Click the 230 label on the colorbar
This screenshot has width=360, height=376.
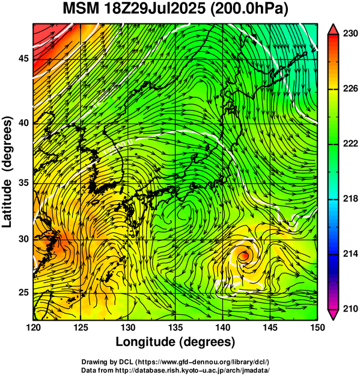[x=350, y=34]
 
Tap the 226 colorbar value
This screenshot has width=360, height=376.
[x=350, y=88]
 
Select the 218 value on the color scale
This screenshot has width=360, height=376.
[x=350, y=199]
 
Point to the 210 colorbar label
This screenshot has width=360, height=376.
[x=350, y=309]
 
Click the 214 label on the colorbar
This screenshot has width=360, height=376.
[x=350, y=254]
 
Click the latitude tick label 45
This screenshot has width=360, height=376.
[x=23, y=58]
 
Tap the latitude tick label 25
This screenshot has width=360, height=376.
[x=23, y=292]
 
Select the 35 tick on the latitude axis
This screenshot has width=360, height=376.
[x=23, y=183]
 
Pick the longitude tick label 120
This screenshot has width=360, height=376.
[x=33, y=327]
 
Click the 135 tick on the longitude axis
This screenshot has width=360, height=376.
[x=175, y=327]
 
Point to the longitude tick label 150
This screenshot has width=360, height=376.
[x=317, y=327]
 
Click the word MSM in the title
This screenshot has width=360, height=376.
[x=81, y=9]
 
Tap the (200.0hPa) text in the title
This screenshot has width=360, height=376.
[x=249, y=10]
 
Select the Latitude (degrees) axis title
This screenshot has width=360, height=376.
[x=7, y=172]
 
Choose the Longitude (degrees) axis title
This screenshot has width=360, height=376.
[x=175, y=342]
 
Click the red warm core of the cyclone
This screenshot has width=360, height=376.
[x=245, y=256]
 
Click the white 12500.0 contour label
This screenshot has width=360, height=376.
[x=118, y=148]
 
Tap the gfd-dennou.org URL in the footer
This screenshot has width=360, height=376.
[x=203, y=362]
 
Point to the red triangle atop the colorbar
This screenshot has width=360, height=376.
[x=333, y=29]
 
